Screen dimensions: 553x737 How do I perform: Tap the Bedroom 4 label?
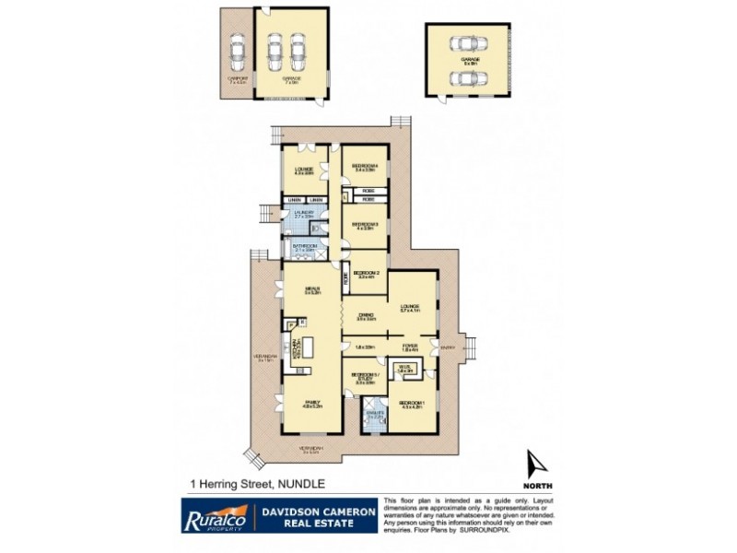click(362, 167)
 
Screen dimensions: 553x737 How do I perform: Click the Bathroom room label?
click(304, 247)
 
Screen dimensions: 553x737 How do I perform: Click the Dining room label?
click(368, 318)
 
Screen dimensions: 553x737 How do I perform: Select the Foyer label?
click(410, 347)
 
